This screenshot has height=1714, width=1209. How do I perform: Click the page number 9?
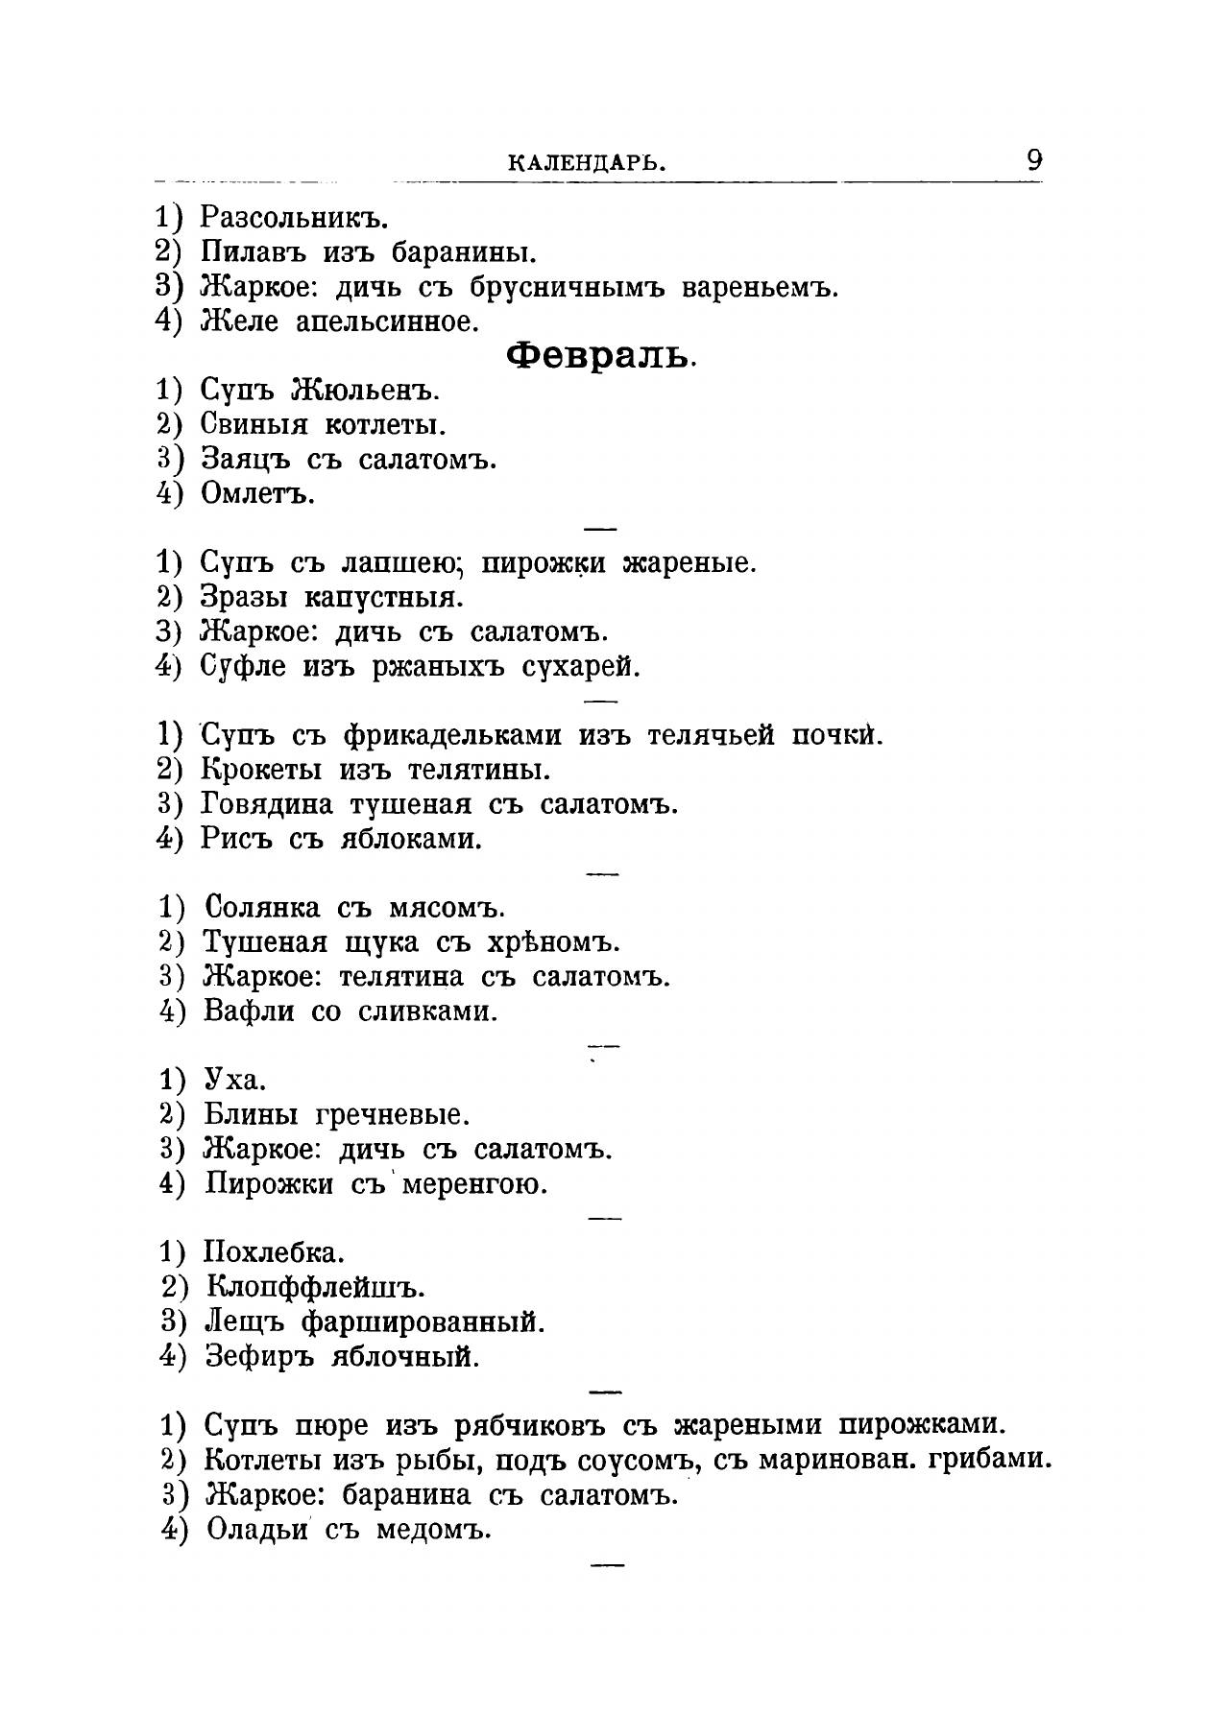pos(1033,159)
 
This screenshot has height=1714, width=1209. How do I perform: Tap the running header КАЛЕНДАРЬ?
pos(586,164)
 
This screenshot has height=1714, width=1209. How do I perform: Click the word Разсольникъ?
pos(293,219)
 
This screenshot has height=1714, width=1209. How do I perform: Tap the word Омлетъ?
pos(257,494)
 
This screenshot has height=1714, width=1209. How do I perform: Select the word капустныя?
pos(383,598)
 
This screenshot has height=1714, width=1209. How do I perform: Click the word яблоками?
pos(411,840)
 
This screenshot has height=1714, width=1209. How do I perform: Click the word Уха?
pos(234,1081)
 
